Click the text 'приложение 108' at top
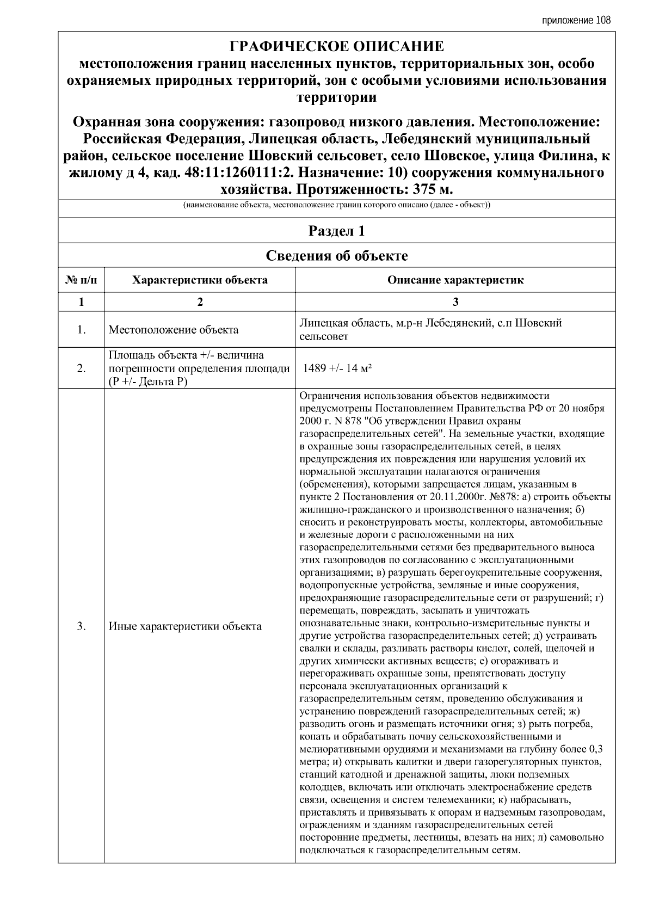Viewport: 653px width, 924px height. [x=576, y=21]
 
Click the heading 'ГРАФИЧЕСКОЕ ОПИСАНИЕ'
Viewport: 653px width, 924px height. [x=336, y=46]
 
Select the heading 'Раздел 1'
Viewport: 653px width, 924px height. [x=336, y=231]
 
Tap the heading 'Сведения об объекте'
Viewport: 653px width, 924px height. [x=336, y=256]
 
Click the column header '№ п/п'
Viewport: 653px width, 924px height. [x=81, y=280]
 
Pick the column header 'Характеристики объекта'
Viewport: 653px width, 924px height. [x=200, y=280]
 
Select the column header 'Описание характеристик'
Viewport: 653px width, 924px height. [x=455, y=280]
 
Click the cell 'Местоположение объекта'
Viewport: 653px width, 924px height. [x=173, y=330]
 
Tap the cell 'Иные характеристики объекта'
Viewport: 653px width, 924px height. [x=185, y=626]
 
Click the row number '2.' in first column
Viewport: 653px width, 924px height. [x=81, y=368]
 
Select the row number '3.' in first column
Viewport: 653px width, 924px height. [x=81, y=626]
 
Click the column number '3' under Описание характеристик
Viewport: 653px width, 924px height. [x=455, y=302]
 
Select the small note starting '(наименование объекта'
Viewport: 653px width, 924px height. [x=336, y=206]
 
